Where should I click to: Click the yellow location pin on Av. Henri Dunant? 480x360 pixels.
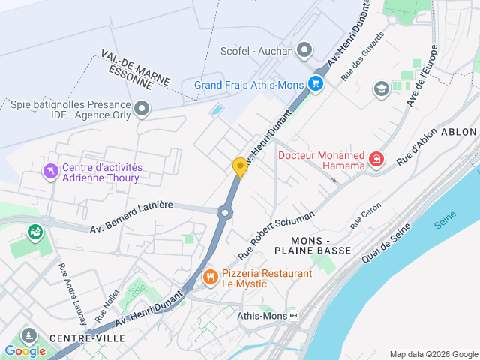pos(240,167)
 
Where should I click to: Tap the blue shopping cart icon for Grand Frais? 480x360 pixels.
pos(316,84)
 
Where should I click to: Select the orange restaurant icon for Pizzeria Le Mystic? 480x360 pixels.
pos(210,278)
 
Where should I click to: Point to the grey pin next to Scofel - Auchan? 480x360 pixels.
pos(304,51)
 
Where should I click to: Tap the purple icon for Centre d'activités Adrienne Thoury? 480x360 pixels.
pos(50,172)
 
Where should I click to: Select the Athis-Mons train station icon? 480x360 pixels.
pos(293,316)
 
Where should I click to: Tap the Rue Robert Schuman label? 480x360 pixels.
pos(275,235)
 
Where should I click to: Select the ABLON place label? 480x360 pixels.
pos(459,131)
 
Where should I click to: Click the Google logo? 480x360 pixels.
pos(25,350)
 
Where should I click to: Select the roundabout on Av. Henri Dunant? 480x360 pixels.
pos(226,213)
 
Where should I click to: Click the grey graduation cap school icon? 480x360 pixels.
pos(381,88)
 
